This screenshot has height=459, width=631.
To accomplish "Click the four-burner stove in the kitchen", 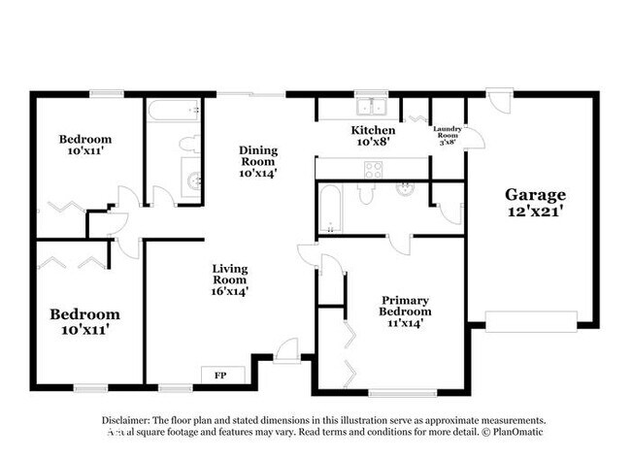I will click(x=373, y=170).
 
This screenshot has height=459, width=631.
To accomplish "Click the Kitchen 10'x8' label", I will click(x=373, y=136).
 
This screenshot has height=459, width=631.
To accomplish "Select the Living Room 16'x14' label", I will click(x=231, y=279).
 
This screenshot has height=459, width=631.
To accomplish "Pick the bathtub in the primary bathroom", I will click(x=329, y=209).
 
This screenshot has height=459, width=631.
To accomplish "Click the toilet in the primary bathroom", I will click(x=366, y=192).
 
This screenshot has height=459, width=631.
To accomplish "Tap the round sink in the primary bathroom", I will click(x=405, y=189).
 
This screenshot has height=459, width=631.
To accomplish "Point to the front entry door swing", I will click(x=286, y=350).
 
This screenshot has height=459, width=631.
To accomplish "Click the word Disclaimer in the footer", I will click(x=129, y=419).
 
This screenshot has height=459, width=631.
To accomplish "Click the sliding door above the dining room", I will click(x=251, y=94).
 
